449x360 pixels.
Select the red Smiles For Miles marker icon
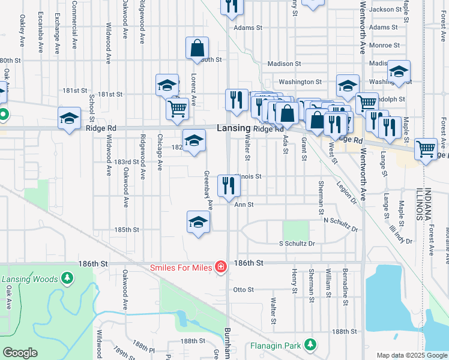point(221,266)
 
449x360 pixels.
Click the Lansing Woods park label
point(29,279)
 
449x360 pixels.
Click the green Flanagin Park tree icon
point(310,345)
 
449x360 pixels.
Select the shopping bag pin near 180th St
point(197,49)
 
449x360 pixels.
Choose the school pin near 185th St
point(198,222)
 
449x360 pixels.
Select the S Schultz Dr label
point(297,244)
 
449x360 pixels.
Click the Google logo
point(20,353)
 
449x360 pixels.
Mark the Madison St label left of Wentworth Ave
point(283,64)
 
